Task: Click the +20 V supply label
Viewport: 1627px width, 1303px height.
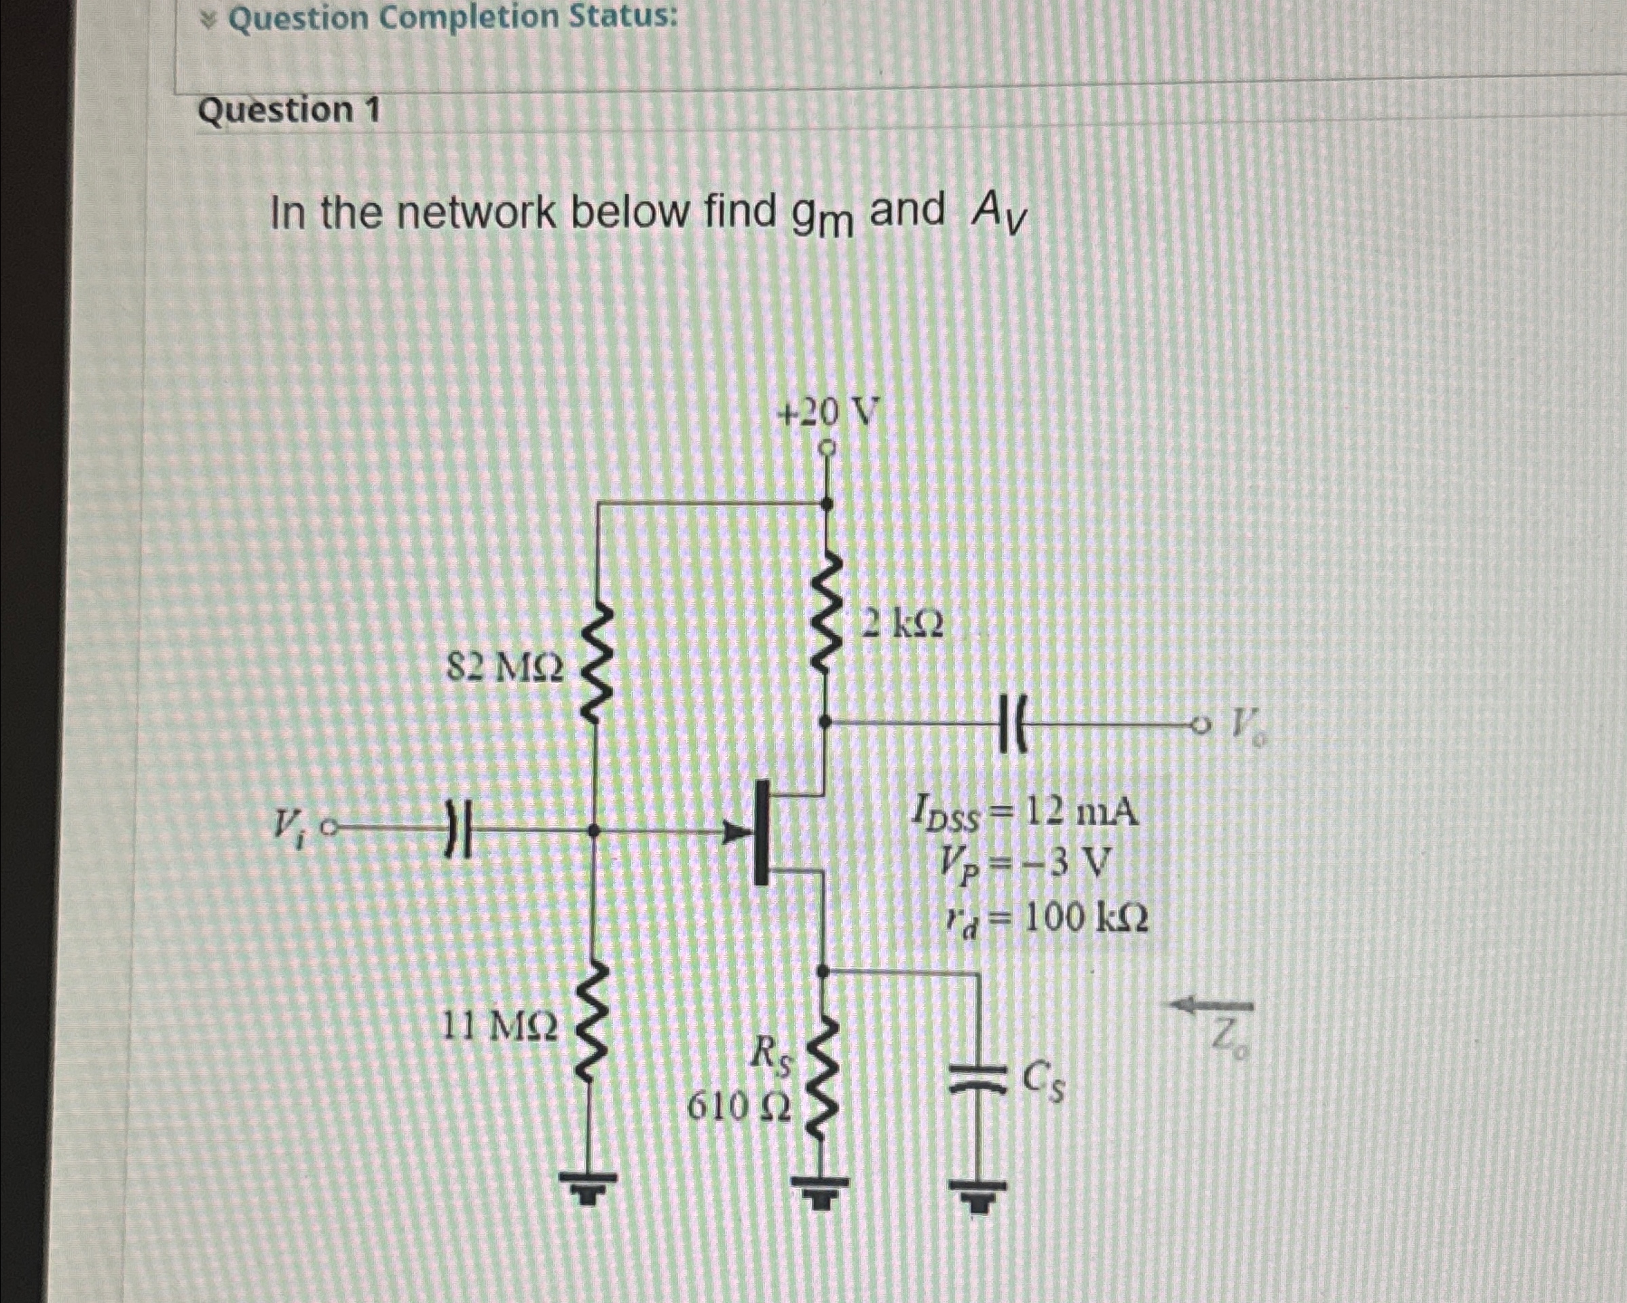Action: point(828,414)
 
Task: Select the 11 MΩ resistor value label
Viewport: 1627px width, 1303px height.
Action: point(500,1025)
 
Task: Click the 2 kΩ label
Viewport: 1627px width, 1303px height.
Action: point(903,625)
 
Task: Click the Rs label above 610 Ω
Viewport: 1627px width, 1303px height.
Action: point(772,1052)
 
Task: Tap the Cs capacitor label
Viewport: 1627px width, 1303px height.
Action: point(1044,1084)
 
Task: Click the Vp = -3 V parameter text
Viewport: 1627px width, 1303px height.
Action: point(1025,864)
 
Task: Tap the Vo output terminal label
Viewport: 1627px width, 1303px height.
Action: point(1249,727)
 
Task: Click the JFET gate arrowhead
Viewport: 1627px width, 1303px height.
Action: point(736,832)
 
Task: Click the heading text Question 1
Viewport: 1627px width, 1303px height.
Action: point(289,111)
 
